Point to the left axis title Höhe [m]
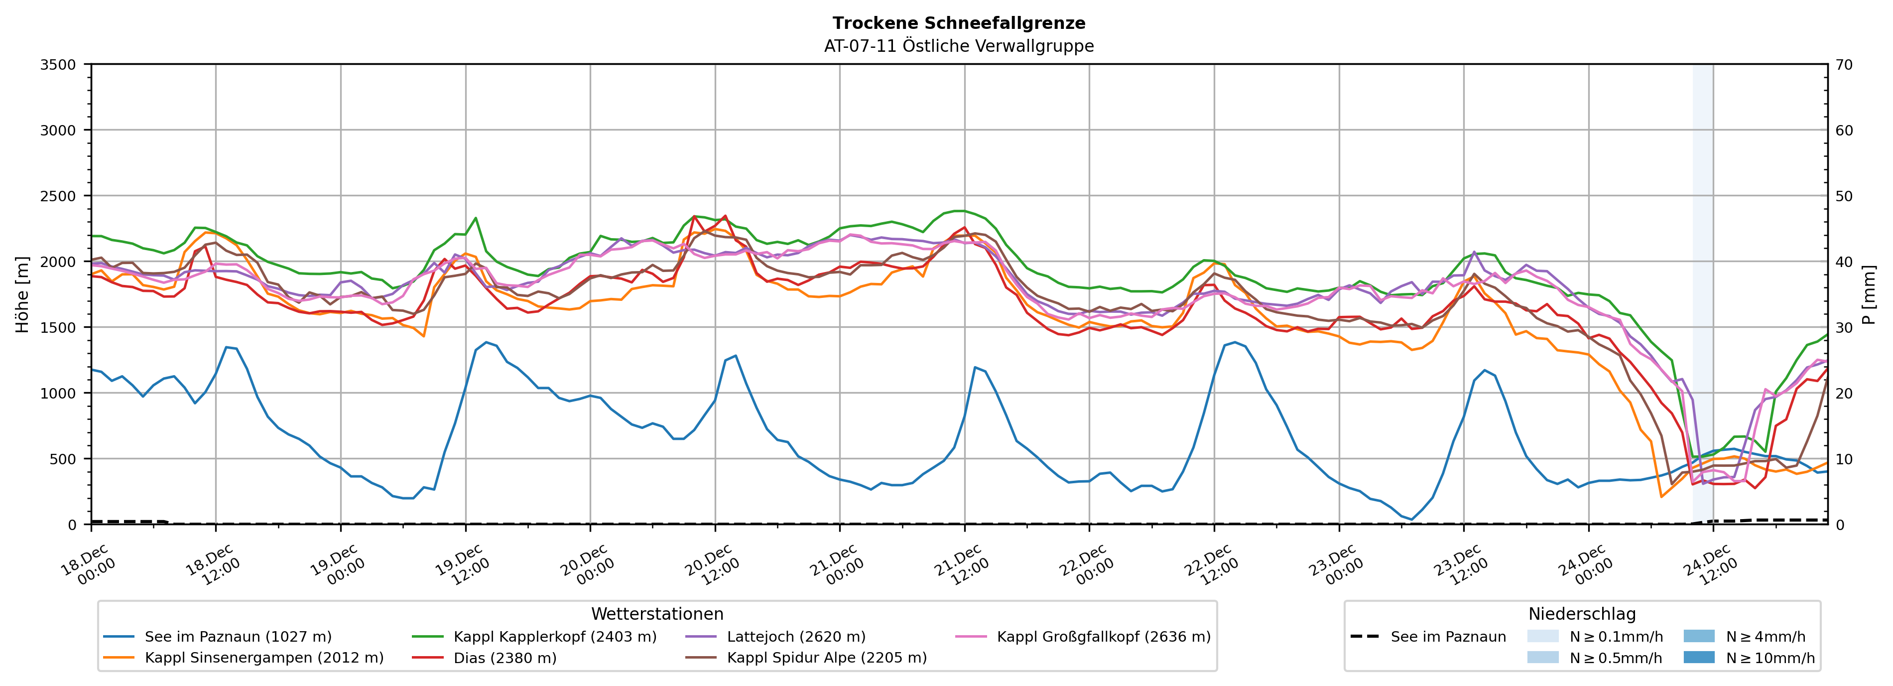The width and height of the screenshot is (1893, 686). pyautogui.click(x=23, y=294)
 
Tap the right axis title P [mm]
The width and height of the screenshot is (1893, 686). pyautogui.click(x=1869, y=294)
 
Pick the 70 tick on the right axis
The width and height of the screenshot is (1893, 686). pyautogui.click(x=1845, y=65)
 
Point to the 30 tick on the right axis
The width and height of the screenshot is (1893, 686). pyautogui.click(x=1845, y=328)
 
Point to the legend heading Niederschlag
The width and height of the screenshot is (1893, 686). pyautogui.click(x=1581, y=614)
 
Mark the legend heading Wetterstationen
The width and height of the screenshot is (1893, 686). pyautogui.click(x=657, y=614)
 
